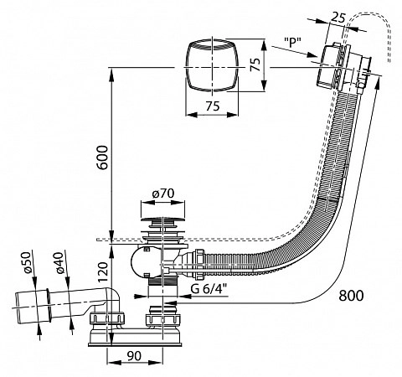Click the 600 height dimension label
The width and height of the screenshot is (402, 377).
103,158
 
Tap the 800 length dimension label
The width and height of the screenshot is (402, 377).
351,296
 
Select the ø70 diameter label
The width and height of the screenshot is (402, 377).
163,194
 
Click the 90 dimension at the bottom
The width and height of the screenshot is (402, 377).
134,355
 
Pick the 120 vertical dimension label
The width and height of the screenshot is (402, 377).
103,272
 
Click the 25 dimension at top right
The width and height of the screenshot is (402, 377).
338,18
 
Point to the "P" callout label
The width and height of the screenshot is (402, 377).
292,43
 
